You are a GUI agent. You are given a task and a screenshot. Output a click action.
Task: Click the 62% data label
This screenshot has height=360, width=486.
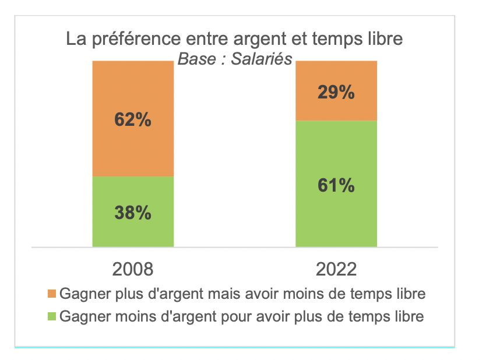pyautogui.click(x=133, y=119)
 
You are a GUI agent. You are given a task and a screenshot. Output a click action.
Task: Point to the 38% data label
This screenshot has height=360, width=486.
pyautogui.click(x=133, y=213)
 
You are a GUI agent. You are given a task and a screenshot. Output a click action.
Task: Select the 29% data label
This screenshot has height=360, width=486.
pyautogui.click(x=336, y=92)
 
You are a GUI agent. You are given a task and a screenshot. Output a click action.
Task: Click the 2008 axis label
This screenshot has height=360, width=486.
pyautogui.click(x=133, y=270)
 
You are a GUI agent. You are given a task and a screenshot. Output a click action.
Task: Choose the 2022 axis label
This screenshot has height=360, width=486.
pyautogui.click(x=336, y=270)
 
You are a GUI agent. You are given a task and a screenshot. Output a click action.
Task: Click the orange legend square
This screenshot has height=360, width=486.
pyautogui.click(x=51, y=294)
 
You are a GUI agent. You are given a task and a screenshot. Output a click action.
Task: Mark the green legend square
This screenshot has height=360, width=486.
pyautogui.click(x=51, y=317)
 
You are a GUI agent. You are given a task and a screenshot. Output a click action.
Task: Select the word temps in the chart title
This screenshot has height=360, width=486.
pyautogui.click(x=333, y=41)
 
